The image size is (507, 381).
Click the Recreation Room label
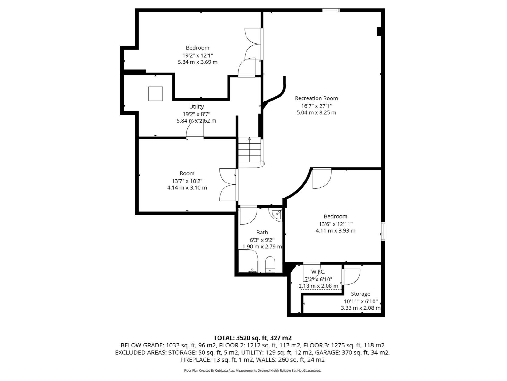[x=316, y=98]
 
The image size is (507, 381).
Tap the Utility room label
[x=196, y=106]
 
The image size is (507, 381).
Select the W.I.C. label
[x=318, y=272]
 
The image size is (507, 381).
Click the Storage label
[x=360, y=294]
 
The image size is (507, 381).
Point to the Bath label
[x=262, y=233]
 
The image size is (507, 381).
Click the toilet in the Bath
[x=270, y=264]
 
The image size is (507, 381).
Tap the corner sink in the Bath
[x=277, y=215]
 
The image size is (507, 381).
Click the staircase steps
[x=250, y=149]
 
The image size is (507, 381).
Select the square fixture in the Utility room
[x=155, y=94]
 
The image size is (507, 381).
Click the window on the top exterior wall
[x=331, y=10]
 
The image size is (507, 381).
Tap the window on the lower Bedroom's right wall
[x=383, y=231]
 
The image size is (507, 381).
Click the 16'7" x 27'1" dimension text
[x=317, y=106]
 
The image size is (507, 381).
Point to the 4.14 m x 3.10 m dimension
[x=187, y=188]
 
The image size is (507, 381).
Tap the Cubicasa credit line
[x=253, y=370]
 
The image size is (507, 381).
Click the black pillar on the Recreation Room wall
[x=379, y=32]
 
